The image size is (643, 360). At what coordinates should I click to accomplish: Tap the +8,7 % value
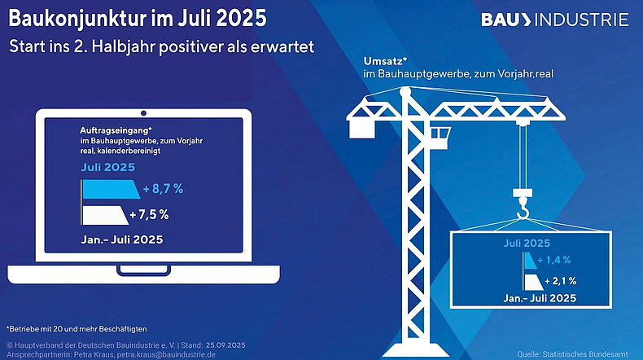163,189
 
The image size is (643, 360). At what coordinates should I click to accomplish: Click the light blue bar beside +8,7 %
109,189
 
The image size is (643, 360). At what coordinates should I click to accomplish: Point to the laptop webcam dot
143,112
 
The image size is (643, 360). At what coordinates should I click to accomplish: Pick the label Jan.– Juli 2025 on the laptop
121,239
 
